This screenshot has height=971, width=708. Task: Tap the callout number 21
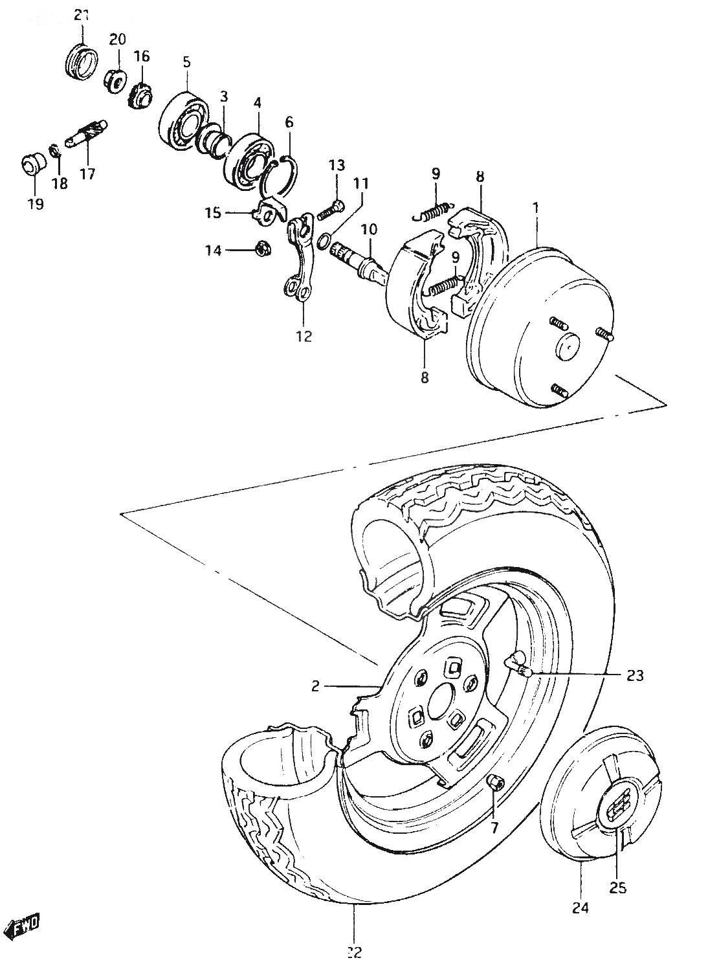[82, 16]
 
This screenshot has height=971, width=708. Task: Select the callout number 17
[87, 175]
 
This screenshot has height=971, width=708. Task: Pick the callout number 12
[305, 336]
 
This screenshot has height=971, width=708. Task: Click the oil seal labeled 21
[81, 61]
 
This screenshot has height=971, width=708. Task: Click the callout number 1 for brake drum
[536, 208]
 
